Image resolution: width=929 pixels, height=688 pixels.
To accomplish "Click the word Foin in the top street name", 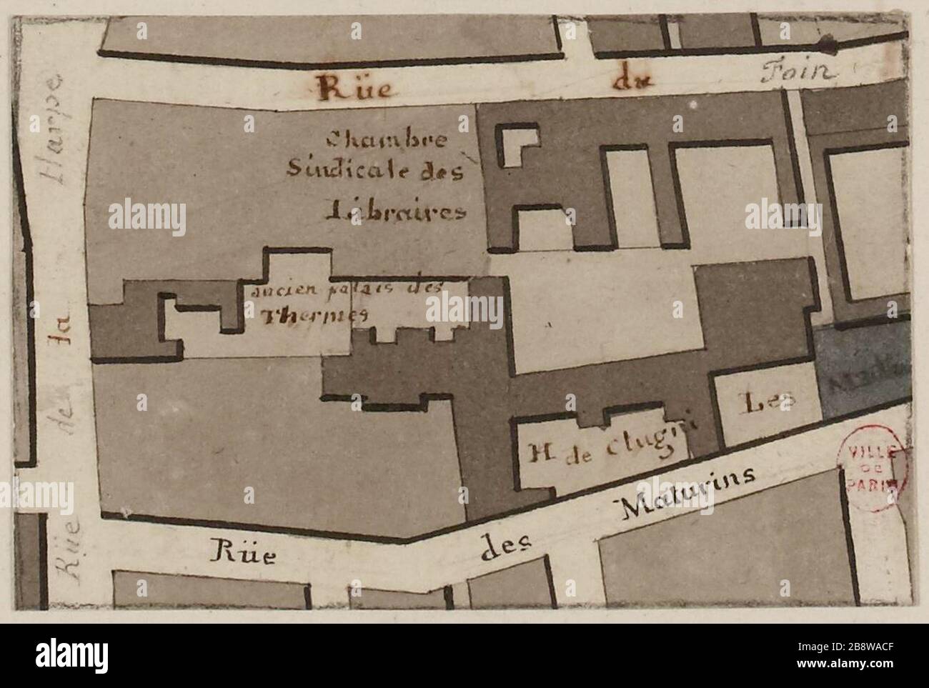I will (798, 71).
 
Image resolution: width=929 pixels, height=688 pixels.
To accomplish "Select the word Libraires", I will (395, 211).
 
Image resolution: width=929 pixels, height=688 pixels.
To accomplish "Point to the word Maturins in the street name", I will (687, 492).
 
